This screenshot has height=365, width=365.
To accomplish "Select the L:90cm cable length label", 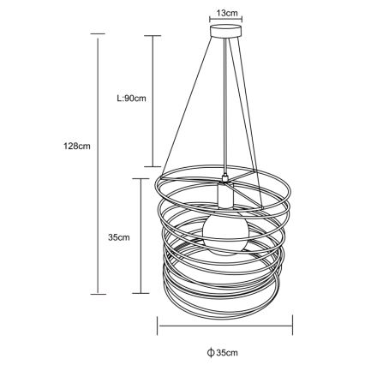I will click(x=131, y=99).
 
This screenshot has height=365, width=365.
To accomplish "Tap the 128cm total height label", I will click(x=77, y=146).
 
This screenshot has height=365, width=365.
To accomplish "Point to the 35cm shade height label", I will click(x=118, y=237).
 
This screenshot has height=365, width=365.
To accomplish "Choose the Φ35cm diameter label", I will click(x=222, y=352).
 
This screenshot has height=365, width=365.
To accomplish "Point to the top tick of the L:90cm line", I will click(x=152, y=35).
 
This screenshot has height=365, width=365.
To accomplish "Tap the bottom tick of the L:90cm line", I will click(x=152, y=166).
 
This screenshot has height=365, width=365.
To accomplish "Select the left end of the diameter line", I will click(x=157, y=325).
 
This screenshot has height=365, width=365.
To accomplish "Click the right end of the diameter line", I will click(x=293, y=325).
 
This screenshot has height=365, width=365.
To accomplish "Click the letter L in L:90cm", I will click(x=119, y=99).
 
